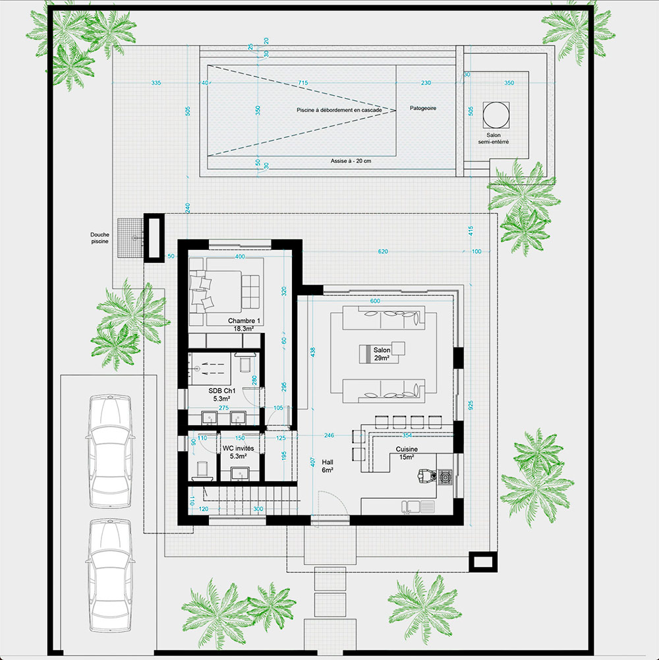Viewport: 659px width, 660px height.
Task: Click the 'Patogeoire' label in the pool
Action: (x=423, y=108)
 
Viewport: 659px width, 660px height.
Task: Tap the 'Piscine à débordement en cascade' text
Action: (x=339, y=110)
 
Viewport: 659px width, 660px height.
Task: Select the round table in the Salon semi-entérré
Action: (x=496, y=115)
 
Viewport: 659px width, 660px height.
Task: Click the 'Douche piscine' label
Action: (x=100, y=238)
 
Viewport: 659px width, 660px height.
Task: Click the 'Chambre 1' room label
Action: (x=244, y=320)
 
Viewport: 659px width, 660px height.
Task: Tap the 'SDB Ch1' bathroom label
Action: (x=222, y=391)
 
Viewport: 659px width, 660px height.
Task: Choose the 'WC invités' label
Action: (x=238, y=449)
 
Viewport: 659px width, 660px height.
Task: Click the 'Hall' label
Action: (x=328, y=462)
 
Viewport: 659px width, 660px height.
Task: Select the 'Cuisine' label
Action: (x=407, y=449)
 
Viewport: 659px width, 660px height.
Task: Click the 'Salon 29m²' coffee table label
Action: (x=382, y=354)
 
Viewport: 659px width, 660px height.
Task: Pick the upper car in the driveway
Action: (x=110, y=451)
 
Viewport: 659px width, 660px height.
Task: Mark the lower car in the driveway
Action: (x=110, y=576)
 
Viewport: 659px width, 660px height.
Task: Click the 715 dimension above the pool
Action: (x=303, y=83)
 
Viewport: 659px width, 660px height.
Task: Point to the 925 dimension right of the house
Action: (x=471, y=405)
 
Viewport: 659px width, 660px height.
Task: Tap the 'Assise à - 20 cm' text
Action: (x=351, y=161)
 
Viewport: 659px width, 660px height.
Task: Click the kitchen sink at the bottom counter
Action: (x=418, y=507)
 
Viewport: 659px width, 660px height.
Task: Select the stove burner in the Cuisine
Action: (x=445, y=477)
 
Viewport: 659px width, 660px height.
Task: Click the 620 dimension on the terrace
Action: (x=383, y=252)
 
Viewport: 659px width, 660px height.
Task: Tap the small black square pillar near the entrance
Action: (x=482, y=562)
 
